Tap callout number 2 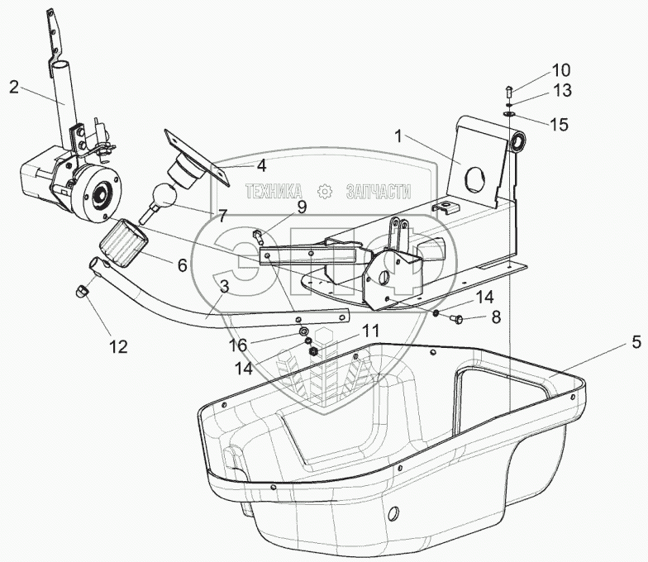click(x=14, y=85)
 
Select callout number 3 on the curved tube click(x=223, y=286)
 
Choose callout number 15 click(x=560, y=126)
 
